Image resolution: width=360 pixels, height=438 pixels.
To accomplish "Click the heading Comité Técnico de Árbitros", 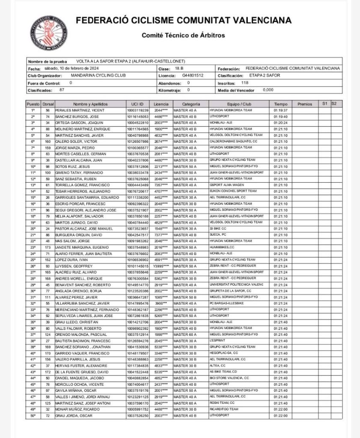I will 183,35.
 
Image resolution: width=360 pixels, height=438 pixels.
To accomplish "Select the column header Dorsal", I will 48,104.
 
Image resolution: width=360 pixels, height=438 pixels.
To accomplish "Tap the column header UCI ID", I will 138,104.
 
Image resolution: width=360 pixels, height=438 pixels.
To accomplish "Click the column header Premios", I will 305,104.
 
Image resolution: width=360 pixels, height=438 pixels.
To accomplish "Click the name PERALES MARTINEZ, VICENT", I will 77,110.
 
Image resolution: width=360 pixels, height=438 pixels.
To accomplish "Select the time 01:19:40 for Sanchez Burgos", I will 280,116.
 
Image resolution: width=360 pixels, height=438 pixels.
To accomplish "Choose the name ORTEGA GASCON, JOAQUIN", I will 76,122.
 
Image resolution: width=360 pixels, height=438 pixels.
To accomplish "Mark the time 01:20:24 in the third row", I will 280,122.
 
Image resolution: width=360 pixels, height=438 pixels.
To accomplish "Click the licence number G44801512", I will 193,75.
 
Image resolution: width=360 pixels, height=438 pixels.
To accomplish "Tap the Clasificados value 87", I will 62,90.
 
